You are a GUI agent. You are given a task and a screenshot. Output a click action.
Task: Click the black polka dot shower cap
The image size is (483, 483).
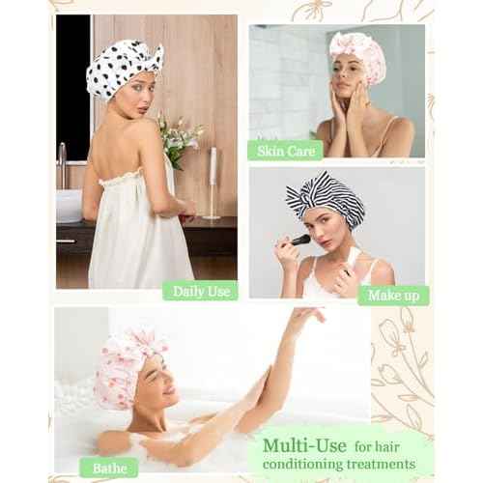pyautogui.click(x=124, y=69)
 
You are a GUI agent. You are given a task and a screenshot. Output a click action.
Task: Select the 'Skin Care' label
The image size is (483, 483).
pyautogui.click(x=285, y=150)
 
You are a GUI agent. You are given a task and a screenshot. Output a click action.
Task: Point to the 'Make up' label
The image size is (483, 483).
pyautogui.click(x=393, y=295)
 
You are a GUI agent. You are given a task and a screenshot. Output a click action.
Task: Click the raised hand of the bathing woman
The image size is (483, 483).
pyautogui.click(x=307, y=318)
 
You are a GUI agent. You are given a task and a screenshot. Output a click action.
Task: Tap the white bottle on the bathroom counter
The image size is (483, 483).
pyautogui.click(x=212, y=184)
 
